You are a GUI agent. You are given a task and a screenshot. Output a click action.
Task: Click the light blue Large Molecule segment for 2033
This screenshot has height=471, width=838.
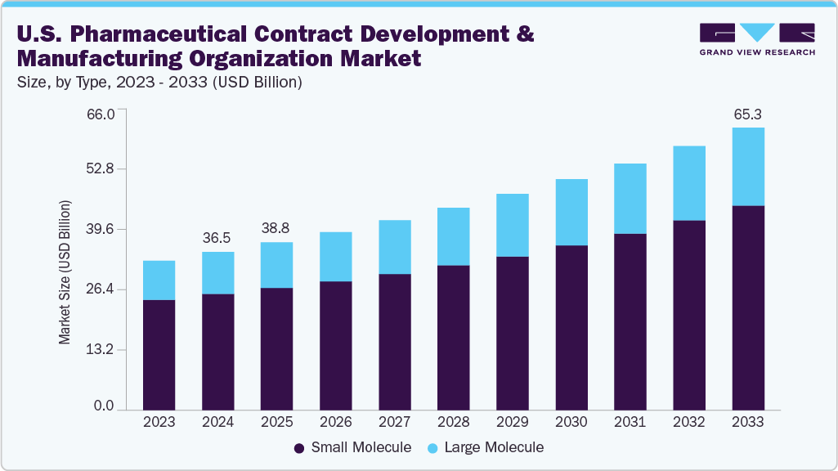(747, 166)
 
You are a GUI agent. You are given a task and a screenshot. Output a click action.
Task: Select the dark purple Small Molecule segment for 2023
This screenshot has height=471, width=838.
(159, 354)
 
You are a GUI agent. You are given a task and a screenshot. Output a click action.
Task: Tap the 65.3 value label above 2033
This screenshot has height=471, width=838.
(747, 114)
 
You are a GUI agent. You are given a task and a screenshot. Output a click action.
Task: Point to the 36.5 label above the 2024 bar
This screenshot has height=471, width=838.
(217, 238)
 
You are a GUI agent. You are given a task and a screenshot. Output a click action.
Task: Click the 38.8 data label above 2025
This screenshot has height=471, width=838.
(276, 228)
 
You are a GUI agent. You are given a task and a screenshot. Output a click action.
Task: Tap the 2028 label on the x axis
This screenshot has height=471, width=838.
(453, 422)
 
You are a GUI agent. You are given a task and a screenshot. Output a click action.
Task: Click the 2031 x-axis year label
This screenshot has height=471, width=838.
(630, 422)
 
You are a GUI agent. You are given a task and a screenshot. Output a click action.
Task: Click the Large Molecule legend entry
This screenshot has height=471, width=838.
(486, 447)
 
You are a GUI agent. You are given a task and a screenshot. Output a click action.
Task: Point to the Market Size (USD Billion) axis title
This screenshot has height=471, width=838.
(65, 271)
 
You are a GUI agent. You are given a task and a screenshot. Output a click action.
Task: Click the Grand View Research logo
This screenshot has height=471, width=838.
(756, 39)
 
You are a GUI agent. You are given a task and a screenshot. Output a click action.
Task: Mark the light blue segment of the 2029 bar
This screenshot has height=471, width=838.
(512, 225)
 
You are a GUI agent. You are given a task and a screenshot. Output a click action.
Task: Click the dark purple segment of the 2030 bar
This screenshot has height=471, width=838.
(571, 327)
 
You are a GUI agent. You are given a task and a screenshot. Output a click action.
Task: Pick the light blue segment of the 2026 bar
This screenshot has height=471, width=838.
(335, 256)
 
